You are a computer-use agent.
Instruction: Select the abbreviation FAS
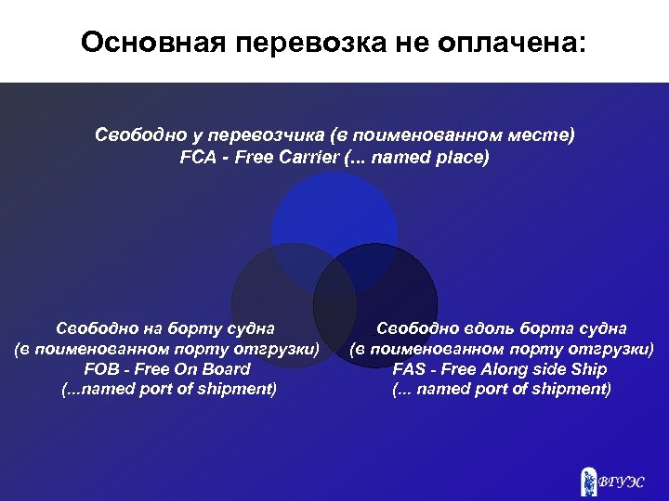tap(411, 369)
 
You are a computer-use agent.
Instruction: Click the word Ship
tap(589, 369)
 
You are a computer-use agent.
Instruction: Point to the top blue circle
tap(334, 218)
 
